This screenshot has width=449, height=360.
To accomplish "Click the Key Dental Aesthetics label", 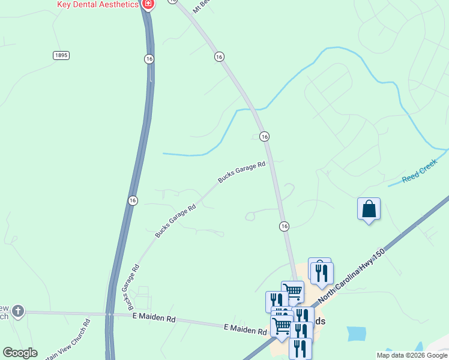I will [x=97, y=4].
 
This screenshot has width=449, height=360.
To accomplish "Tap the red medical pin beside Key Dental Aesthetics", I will [x=148, y=4].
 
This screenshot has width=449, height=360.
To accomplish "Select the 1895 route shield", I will [x=61, y=55].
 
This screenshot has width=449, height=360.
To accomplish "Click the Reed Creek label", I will [x=420, y=175].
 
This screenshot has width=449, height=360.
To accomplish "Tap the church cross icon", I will [x=18, y=311].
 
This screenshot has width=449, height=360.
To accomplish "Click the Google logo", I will [x=20, y=353].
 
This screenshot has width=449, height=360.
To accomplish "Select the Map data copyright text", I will [x=412, y=355].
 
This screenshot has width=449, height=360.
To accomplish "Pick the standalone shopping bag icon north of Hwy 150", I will [x=369, y=209].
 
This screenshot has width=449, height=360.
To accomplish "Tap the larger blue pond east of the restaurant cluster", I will [x=356, y=333].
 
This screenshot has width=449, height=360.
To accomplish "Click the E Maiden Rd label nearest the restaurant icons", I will [x=245, y=330].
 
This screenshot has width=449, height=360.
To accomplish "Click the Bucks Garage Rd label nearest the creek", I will [x=241, y=172].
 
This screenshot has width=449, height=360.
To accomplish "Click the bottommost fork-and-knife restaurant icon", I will [x=300, y=348].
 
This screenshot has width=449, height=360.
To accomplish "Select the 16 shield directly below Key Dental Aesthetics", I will [x=149, y=58].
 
